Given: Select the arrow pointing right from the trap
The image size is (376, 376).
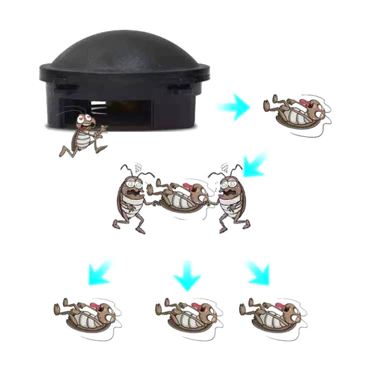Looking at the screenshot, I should pyautogui.click(x=235, y=106).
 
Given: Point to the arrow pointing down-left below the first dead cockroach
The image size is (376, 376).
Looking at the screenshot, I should pyautogui.click(x=255, y=165).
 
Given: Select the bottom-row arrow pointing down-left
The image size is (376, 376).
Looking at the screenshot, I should pyautogui.click(x=99, y=273).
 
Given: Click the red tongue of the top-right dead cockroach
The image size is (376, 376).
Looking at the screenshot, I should pyautogui.click(x=304, y=103).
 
